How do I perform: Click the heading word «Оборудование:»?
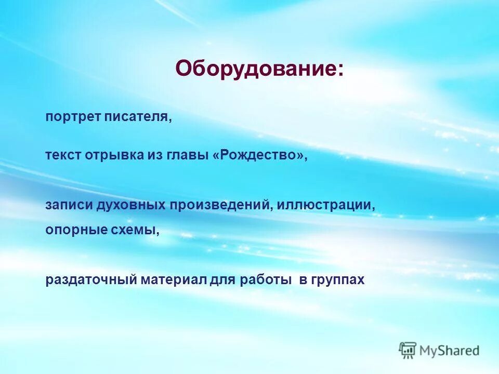(x=259, y=69)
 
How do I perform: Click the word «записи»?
(x=69, y=205)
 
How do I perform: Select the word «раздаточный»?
(x=91, y=280)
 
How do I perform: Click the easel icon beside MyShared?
(x=408, y=350)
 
